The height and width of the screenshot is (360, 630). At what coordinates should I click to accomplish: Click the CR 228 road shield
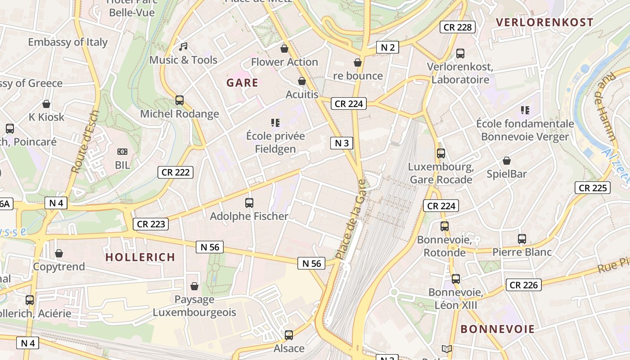458,27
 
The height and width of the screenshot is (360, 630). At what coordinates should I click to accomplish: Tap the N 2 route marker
387,47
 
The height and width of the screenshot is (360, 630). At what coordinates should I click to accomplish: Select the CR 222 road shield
175,172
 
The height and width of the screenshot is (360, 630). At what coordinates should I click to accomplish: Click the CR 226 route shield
523,285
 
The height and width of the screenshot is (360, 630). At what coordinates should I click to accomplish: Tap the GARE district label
242,83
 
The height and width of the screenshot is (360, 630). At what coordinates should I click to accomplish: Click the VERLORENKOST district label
544,22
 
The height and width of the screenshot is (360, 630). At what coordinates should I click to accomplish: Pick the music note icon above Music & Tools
183,46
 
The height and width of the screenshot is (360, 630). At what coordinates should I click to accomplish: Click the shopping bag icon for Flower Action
284,49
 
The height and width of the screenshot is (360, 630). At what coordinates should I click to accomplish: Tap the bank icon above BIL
122,152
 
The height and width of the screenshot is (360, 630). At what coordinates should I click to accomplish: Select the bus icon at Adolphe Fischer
249,203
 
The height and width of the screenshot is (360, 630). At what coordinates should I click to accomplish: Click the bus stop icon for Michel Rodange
180,100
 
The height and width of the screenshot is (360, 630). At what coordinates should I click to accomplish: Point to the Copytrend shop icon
59,253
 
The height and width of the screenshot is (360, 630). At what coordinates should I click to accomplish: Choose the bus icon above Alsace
289,335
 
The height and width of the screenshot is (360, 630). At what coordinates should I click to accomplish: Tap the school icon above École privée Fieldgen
275,122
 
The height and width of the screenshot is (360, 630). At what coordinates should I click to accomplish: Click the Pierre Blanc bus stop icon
522,239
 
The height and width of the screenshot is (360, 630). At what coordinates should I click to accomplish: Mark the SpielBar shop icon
507,161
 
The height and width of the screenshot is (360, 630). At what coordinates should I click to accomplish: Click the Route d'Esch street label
85,142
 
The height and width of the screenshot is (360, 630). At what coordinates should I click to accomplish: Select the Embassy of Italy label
68,42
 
